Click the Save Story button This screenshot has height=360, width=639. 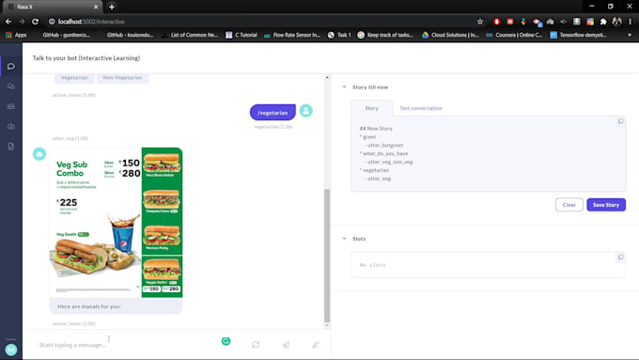pos(605,204)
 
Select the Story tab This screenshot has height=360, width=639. pos(371,108)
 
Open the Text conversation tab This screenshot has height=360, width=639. pos(420,108)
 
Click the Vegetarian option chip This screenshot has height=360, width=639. pos(74,77)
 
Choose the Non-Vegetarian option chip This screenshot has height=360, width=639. pos(122,77)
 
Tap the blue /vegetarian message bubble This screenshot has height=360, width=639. pos(273,112)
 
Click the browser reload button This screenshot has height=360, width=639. pos(36,21)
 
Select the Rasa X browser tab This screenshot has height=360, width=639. pos(52,7)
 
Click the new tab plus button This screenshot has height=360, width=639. pos(111,7)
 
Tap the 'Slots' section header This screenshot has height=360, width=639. pos(358,239)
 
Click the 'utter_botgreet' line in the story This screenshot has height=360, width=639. pos(385,145)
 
